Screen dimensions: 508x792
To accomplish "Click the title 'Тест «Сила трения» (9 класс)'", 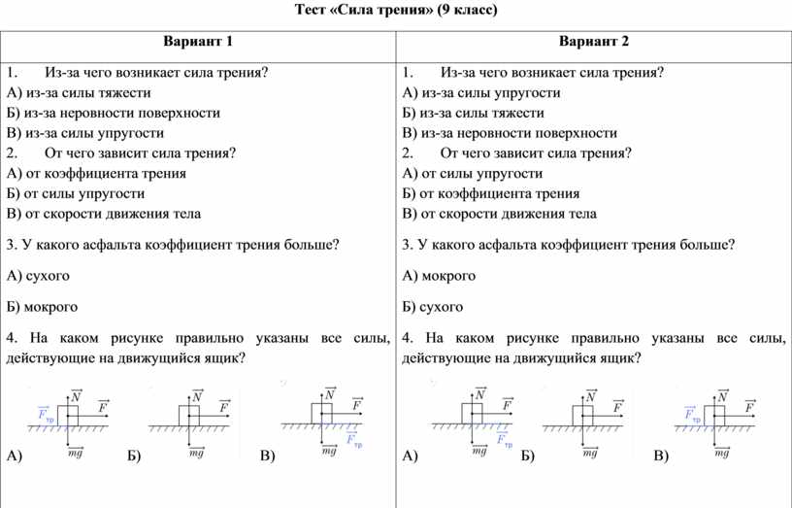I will tap(395, 11).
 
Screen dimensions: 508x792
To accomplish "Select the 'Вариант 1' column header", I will tap(198, 42).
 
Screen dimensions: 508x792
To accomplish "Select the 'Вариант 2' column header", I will tap(594, 42).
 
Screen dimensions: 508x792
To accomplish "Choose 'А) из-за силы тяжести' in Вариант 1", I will tap(78, 93).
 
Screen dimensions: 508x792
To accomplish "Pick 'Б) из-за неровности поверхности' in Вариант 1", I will tap(113, 113).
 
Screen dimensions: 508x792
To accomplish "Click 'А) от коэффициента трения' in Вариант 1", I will tap(95, 173).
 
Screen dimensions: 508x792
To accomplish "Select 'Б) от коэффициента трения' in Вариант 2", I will tap(490, 193).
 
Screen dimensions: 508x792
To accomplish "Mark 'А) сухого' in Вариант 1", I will tap(38, 276).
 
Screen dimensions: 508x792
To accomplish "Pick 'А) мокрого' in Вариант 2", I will tap(439, 276).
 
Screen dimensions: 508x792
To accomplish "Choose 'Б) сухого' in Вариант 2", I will tap(433, 307).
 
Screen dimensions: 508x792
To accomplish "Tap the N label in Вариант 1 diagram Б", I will tap(197, 396).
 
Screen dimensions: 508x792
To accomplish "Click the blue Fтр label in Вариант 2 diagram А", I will tap(505, 440).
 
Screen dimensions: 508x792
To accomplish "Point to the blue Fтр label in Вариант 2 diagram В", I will tap(691, 414).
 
